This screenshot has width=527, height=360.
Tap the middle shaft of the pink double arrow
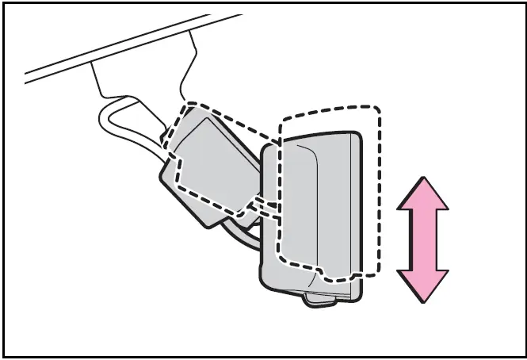click(423, 240)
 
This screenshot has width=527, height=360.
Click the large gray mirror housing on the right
click(317, 206)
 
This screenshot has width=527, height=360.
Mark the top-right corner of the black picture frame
click(523, 4)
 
